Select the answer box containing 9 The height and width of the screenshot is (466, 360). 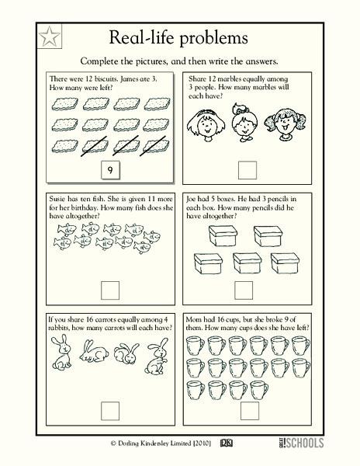click(112, 169)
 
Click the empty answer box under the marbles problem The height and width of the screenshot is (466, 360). click(246, 169)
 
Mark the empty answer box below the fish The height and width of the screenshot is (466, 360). click(112, 290)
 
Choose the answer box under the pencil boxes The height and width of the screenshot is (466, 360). click(246, 290)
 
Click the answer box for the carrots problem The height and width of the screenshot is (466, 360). click(112, 409)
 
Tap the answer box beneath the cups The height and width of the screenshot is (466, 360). click(246, 409)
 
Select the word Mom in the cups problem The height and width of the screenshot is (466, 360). click(196, 318)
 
